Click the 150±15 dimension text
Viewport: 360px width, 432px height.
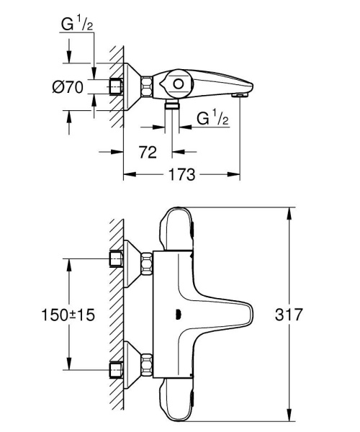pyautogui.click(x=68, y=315)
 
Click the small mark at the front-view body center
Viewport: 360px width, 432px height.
pyautogui.click(x=177, y=314)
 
